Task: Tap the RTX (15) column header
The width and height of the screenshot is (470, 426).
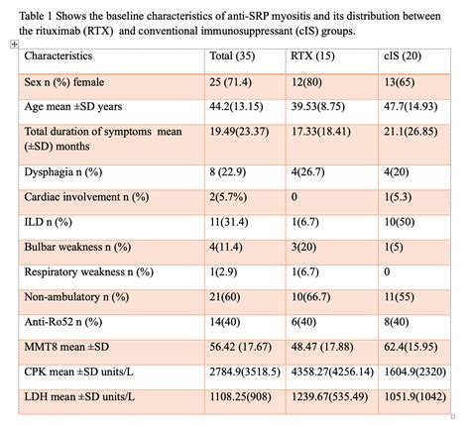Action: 314,55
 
